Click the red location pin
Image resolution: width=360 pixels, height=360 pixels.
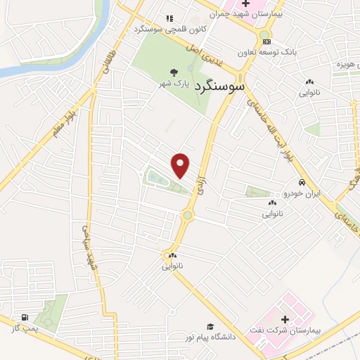pyautogui.click(x=181, y=165)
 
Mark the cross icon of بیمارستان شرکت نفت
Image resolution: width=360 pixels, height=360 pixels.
pyautogui.click(x=284, y=320)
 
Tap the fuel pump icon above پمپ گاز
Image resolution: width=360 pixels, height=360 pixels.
pyautogui.click(x=25, y=318)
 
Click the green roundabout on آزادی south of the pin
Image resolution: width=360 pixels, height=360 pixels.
pyautogui.click(x=187, y=216)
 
